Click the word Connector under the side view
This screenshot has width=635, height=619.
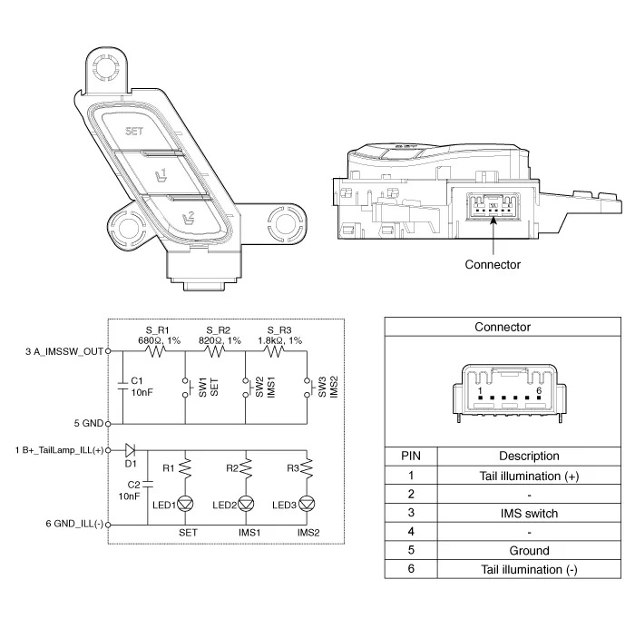pyautogui.click(x=493, y=264)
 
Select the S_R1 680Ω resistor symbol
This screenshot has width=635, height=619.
pyautogui.click(x=151, y=349)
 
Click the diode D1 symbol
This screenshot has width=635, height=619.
pyautogui.click(x=130, y=449)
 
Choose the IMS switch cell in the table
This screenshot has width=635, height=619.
pyautogui.click(x=529, y=513)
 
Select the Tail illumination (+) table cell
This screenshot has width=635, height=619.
pyautogui.click(x=529, y=475)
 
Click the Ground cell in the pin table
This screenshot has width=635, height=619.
pyautogui.click(x=529, y=550)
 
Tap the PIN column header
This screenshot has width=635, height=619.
pyautogui.click(x=411, y=456)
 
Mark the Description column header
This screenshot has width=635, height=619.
pyautogui.click(x=529, y=456)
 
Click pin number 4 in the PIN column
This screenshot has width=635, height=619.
pyautogui.click(x=411, y=532)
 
